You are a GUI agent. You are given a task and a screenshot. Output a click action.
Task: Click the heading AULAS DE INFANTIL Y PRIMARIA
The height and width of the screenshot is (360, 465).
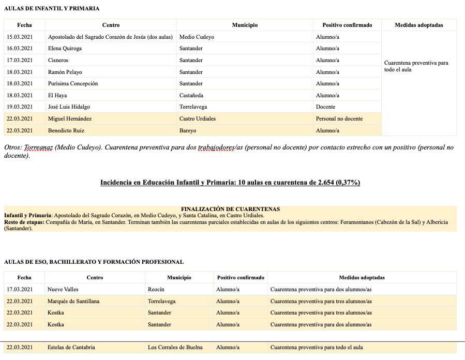pos(52,9)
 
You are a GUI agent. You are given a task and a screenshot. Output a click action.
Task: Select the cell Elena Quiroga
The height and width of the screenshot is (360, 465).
pos(65,49)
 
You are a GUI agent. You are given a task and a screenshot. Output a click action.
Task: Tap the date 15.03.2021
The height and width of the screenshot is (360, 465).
pos(20,37)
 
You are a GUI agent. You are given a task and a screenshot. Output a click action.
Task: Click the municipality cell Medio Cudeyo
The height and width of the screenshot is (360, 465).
pos(197,37)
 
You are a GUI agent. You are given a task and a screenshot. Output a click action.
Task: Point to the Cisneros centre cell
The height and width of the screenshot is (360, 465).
pos(58,61)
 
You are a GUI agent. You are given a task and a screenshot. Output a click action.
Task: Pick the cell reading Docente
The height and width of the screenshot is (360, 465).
pos(326,107)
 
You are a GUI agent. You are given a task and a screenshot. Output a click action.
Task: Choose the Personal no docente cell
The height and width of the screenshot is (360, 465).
pos(339,119)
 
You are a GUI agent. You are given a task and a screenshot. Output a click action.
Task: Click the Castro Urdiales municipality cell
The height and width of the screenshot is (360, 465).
pos(198,119)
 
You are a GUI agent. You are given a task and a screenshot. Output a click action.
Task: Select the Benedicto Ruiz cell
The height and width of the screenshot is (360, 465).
pos(66,131)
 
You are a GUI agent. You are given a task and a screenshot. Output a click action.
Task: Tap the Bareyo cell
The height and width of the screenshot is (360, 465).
pos(188,131)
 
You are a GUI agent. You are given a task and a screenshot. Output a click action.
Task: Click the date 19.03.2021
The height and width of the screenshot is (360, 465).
pos(20,107)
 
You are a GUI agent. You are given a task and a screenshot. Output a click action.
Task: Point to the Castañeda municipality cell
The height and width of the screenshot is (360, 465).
pos(191,96)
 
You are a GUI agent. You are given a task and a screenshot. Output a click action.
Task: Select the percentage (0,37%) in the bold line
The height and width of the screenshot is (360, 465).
pos(348,183)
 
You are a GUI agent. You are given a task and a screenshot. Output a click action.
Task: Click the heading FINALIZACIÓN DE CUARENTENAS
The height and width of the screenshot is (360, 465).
pos(230,209)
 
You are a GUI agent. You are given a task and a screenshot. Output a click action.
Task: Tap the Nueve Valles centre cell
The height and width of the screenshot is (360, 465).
pos(63,290)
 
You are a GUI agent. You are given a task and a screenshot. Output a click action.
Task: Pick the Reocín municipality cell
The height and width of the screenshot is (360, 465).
pos(156,290)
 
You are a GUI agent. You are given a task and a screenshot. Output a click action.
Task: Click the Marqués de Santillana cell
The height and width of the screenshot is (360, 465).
pos(73,302)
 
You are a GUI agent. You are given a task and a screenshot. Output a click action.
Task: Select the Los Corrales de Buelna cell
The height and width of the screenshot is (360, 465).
pos(175,348)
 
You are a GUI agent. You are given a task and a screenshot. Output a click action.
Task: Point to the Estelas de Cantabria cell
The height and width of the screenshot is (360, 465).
pos(71,348)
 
